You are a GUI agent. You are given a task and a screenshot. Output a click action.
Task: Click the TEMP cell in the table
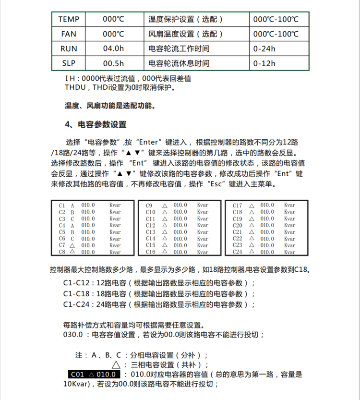click(69, 20)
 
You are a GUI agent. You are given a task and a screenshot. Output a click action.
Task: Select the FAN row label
click(69, 34)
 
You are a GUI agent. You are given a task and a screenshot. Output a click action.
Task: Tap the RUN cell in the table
click(69, 48)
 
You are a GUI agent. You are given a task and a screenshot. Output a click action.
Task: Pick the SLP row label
click(69, 63)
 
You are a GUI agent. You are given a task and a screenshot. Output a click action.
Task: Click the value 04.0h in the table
click(113, 48)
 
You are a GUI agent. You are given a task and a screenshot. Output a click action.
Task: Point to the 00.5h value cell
click(113, 63)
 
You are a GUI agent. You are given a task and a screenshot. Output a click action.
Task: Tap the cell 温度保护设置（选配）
click(186, 20)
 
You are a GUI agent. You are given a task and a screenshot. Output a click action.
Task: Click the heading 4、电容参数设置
click(96, 124)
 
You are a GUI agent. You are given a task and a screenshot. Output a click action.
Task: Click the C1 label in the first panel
click(62, 205)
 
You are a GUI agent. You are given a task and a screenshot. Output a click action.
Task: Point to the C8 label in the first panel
click(62, 252)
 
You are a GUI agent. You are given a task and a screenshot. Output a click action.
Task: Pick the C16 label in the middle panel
click(150, 252)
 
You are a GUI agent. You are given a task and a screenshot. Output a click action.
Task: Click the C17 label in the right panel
click(237, 205)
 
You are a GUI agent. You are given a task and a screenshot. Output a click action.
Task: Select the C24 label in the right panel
click(237, 252)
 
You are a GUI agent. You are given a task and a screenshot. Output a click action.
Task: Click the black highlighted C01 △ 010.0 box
click(93, 375)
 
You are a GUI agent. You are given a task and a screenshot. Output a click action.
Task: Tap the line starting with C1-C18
click(159, 294)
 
